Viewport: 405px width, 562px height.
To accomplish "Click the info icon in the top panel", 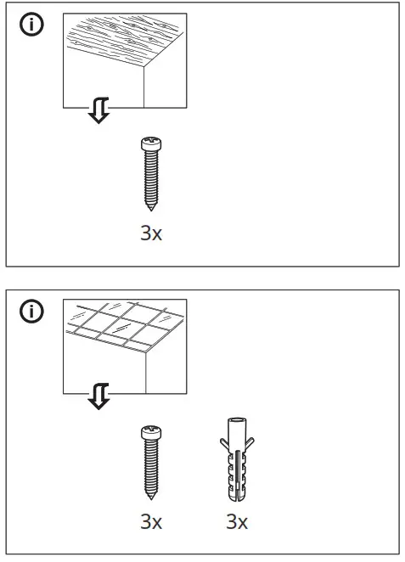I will (31, 25).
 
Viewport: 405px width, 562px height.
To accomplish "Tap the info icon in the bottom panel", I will (31, 312).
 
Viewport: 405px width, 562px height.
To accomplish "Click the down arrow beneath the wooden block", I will (99, 110).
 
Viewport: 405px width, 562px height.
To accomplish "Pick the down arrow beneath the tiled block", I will (99, 396).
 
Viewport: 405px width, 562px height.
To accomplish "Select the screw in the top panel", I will (149, 175).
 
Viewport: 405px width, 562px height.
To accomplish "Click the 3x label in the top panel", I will (150, 233).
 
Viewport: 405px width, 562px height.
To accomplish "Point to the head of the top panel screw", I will (149, 144).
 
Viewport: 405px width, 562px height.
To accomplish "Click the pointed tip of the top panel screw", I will (149, 207).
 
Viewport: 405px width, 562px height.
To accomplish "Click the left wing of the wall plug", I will (223, 442).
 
